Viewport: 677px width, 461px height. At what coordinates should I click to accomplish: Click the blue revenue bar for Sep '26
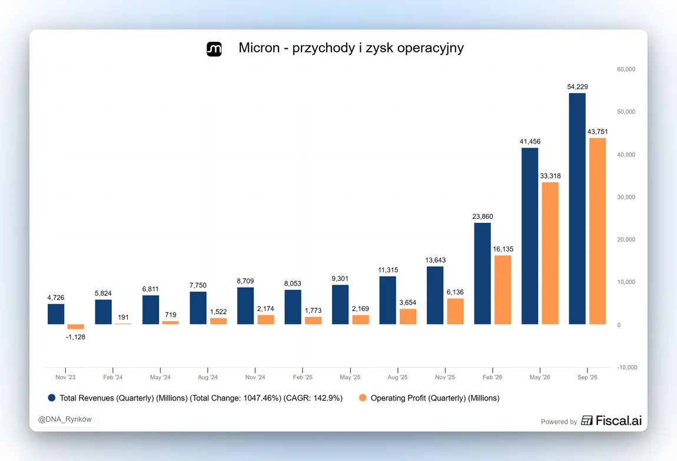point(578,209)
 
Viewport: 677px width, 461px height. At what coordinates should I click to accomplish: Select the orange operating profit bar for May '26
point(550,253)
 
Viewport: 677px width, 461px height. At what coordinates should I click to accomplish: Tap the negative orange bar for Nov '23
point(75,326)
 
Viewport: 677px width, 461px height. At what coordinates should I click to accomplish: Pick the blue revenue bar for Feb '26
point(482,273)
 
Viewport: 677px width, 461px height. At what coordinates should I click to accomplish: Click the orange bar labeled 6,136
point(456,312)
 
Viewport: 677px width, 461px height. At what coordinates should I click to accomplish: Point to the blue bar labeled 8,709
point(245,306)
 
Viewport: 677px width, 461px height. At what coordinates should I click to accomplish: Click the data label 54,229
point(578,86)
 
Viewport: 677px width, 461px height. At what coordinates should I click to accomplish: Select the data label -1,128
point(75,337)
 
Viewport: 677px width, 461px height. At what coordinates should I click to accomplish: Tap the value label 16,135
point(503,249)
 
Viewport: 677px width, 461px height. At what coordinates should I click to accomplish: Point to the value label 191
point(123,317)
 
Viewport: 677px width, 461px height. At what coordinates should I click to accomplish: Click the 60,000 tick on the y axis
point(626,69)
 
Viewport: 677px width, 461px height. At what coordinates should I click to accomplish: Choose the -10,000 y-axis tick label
point(627,368)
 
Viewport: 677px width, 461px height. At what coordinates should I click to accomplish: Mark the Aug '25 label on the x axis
point(397,377)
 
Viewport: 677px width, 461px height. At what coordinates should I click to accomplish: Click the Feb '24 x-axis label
point(112,377)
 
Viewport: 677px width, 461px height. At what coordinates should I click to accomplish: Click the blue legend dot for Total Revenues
point(52,397)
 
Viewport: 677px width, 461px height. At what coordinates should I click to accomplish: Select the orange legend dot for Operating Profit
point(363,397)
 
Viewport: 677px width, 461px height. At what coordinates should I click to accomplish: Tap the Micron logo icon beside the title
point(214,49)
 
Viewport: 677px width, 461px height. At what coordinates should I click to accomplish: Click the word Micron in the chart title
point(259,48)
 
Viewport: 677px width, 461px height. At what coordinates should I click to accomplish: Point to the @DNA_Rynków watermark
point(65,419)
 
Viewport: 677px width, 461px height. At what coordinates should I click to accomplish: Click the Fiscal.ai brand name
point(619,420)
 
